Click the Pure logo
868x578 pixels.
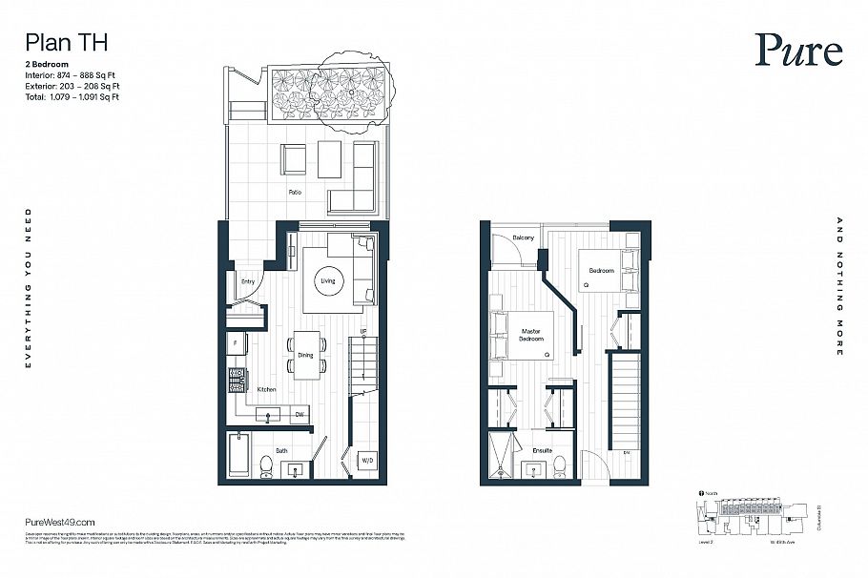pyautogui.click(x=798, y=51)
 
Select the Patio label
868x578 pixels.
pyautogui.click(x=296, y=192)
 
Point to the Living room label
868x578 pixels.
pyautogui.click(x=328, y=281)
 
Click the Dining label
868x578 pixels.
pyautogui.click(x=305, y=356)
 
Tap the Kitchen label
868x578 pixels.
pyautogui.click(x=266, y=389)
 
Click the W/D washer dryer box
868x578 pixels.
pyautogui.click(x=366, y=461)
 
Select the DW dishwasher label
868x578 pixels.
pyautogui.click(x=299, y=414)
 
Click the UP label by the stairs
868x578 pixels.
pyautogui.click(x=363, y=332)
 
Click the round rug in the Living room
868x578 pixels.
pyautogui.click(x=329, y=281)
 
